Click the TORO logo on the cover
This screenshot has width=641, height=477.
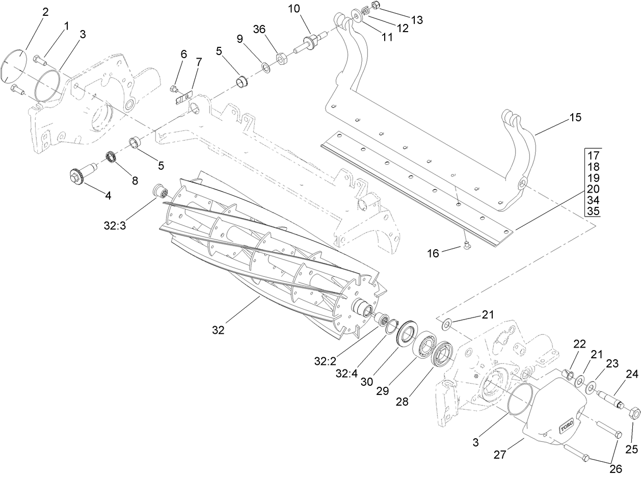(567, 426)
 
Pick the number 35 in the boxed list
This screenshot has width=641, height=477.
(593, 211)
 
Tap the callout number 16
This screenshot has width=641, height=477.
(434, 253)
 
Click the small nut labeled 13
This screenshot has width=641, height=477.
(375, 6)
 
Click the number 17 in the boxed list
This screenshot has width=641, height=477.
(593, 155)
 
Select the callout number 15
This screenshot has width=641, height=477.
(575, 118)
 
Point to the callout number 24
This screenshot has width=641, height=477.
(632, 374)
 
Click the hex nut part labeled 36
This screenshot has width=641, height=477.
(281, 60)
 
